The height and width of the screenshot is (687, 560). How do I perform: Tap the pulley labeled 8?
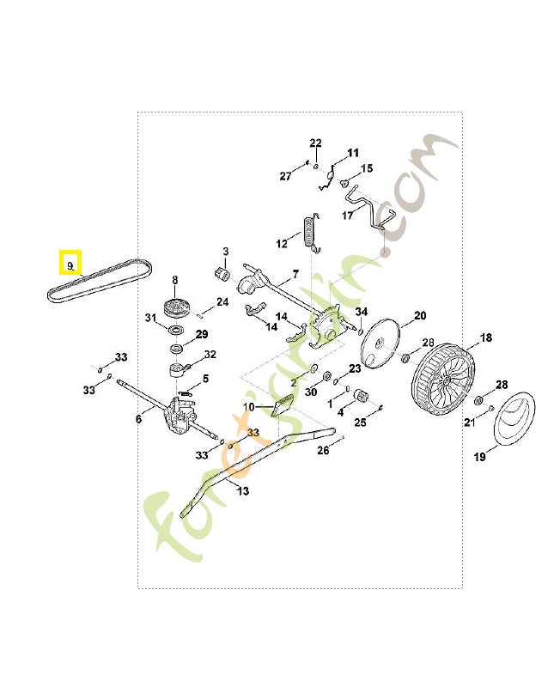(176, 308)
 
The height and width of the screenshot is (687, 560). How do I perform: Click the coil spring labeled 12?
(311, 233)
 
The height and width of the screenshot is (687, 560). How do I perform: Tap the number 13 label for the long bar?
(243, 491)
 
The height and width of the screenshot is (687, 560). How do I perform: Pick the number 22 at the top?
(315, 143)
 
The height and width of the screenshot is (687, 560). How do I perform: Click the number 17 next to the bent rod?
(348, 216)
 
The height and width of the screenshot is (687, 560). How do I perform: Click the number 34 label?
(362, 311)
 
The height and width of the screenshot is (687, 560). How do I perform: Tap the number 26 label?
(323, 450)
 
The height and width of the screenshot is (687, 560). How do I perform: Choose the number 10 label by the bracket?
(248, 406)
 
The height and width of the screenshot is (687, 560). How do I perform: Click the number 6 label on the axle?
(138, 419)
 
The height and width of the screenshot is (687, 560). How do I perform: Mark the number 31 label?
(151, 319)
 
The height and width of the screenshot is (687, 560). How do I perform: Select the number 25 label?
(361, 422)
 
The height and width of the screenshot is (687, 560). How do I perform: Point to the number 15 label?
(367, 168)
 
